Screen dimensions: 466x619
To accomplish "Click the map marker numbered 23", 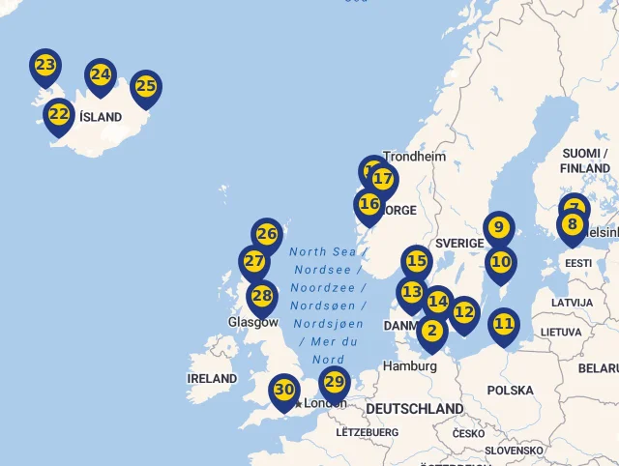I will [x=45, y=66].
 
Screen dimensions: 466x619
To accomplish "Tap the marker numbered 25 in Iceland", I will [x=146, y=87].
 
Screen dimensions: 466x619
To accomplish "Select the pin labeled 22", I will [x=59, y=115].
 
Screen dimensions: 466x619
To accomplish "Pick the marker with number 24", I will [x=101, y=75].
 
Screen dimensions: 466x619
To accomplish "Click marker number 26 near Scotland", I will [x=267, y=234].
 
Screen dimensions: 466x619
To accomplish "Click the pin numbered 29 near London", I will [x=335, y=382].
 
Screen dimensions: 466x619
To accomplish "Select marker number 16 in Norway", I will [x=369, y=205].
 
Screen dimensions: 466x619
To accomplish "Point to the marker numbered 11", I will [x=504, y=324].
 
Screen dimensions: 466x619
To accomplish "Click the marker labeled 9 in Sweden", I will [x=499, y=228].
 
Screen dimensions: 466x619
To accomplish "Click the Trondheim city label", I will [x=415, y=157].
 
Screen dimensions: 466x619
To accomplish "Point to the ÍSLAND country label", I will [x=101, y=117].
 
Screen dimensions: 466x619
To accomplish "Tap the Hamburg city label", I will [x=410, y=366].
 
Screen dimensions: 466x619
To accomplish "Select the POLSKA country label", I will [x=510, y=391].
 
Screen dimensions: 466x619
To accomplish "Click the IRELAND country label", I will [x=212, y=378].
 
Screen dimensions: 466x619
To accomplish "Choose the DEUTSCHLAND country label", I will [x=415, y=409].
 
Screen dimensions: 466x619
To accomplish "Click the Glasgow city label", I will [x=252, y=322].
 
